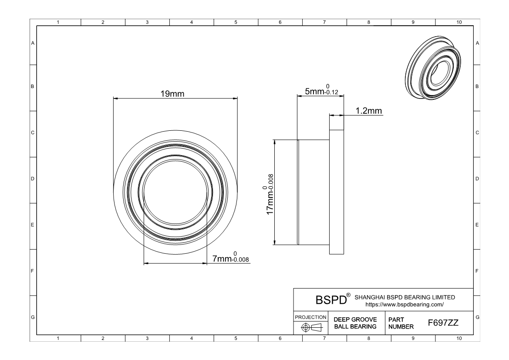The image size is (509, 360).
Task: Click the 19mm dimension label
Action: [x=172, y=94]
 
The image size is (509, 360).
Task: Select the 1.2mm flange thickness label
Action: [x=369, y=111]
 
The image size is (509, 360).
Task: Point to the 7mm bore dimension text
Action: [x=230, y=257]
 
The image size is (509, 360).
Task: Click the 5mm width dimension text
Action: [x=321, y=90]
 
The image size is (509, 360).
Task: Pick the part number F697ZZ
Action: [x=443, y=323]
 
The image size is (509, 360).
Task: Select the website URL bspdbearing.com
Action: [x=405, y=305]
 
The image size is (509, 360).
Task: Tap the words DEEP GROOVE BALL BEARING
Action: [x=355, y=323]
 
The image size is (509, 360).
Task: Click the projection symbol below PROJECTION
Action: [x=311, y=327]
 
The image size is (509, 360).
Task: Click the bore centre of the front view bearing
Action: [x=175, y=192]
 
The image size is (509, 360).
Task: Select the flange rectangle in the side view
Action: [x=337, y=192]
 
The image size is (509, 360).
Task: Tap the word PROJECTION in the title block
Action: [x=310, y=317]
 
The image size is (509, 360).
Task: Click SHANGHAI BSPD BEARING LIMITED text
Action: [x=405, y=297]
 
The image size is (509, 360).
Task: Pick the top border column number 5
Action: [x=236, y=22]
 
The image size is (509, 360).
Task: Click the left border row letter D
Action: [x=33, y=179]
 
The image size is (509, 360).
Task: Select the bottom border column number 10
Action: [x=458, y=338]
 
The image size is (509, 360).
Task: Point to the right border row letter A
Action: [x=477, y=43]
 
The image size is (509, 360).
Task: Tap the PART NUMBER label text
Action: [x=401, y=323]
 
